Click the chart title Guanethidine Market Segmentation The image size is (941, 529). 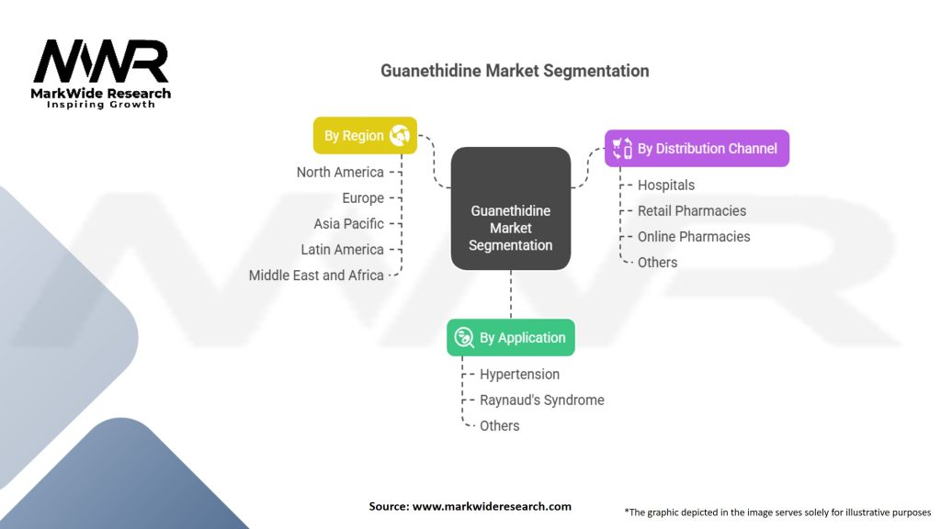[515, 71]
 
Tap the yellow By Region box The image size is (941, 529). [365, 136]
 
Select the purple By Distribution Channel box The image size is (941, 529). [697, 148]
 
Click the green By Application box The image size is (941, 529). [511, 338]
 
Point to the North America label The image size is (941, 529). [340, 172]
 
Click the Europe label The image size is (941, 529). [363, 197]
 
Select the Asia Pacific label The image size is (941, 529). [348, 223]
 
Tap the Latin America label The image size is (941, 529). [342, 249]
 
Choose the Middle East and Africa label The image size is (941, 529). [316, 275]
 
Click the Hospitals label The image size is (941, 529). [666, 185]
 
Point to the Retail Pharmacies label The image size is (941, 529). [692, 210]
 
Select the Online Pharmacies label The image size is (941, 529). [694, 236]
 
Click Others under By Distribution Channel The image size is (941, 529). [657, 262]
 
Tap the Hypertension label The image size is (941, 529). [519, 374]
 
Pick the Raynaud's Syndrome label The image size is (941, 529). [542, 400]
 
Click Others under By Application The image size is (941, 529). [499, 425]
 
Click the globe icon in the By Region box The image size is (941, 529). [400, 136]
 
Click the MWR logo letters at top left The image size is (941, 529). [101, 62]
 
